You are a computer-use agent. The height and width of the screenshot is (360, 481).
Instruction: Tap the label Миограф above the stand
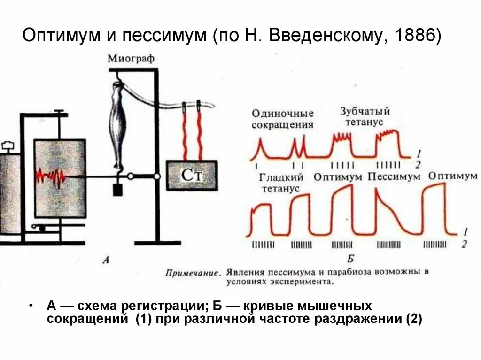coord(131,58)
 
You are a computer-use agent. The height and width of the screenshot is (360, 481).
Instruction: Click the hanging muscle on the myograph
coord(118,117)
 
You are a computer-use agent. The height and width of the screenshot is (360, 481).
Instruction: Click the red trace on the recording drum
coord(52,176)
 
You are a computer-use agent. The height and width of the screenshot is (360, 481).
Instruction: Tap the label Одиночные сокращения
coord(282,119)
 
